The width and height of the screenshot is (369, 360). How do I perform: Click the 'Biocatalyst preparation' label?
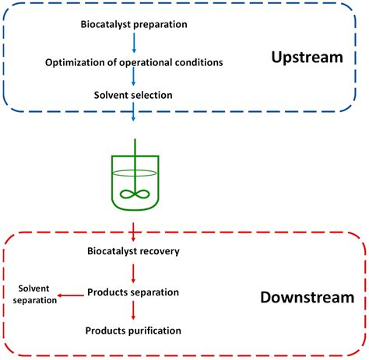(x=134, y=24)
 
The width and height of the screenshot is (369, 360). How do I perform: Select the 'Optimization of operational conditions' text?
(x=134, y=61)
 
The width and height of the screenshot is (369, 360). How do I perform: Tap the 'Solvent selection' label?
(x=134, y=95)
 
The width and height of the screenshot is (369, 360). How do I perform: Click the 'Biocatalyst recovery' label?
(x=134, y=250)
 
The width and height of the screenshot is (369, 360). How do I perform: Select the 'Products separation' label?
(x=134, y=292)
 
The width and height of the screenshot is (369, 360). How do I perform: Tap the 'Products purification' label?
(x=134, y=330)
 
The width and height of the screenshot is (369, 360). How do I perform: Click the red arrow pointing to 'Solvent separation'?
(x=72, y=294)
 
